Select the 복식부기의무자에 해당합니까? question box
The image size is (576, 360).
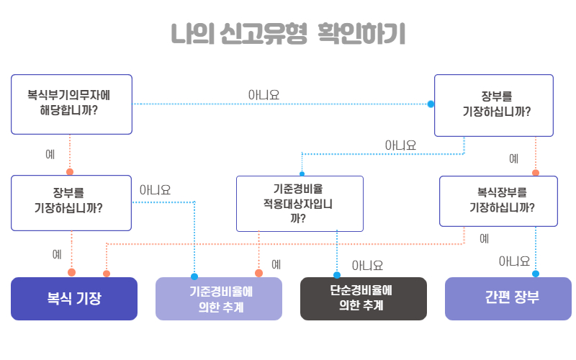coord(71,104)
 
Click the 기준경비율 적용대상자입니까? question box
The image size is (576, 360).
coord(300,203)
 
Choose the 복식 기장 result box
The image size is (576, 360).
coord(73,298)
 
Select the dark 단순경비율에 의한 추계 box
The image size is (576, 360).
coord(363,298)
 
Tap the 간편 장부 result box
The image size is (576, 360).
coord(508,298)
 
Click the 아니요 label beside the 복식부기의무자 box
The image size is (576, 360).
coord(264,94)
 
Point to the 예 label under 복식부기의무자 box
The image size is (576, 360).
coord(50,154)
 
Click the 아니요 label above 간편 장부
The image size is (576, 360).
coord(514,261)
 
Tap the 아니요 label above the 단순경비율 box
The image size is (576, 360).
coord(367,266)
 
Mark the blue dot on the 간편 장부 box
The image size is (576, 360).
coord(535,274)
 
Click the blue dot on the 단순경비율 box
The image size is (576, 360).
coord(336,275)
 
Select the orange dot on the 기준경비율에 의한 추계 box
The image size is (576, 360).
coord(258,273)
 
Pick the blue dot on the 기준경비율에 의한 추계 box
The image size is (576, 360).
coord(194,276)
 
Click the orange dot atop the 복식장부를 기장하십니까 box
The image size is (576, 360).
coord(535,173)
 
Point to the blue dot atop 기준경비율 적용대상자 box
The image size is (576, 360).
coord(302,174)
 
